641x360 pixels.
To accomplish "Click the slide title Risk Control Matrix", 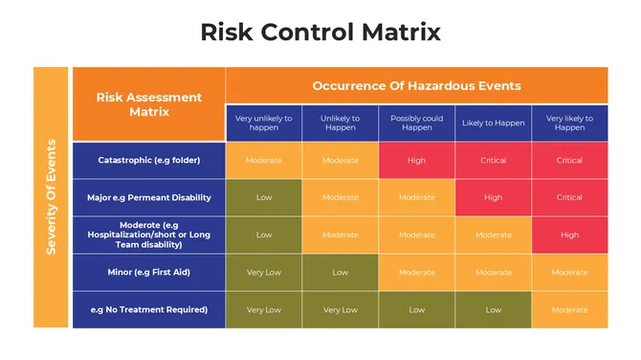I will pos(320,32).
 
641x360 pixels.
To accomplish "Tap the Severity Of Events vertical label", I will pos(52,197).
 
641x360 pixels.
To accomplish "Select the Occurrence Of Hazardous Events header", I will pos(416,85).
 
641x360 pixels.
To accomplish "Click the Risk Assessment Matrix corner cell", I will pos(149,103).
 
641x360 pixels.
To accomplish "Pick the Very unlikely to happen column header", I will pos(263,123).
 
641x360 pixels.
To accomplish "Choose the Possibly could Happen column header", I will pos(416,123).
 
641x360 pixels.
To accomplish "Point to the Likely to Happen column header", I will pos(493,123).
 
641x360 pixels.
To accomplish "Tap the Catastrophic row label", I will pos(149,160).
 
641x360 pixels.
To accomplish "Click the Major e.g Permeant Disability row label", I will pos(149,197).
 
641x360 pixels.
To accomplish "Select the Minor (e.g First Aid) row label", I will pos(149,272).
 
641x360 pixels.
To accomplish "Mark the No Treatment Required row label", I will pos(149,309).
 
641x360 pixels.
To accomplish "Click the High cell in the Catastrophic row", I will pos(416,160).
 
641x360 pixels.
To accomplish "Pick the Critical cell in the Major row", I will pos(569,197).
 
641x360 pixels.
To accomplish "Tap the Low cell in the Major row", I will pos(263,197).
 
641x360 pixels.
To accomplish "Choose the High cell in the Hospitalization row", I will pos(569,235).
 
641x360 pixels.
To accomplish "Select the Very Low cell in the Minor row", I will pos(263,272).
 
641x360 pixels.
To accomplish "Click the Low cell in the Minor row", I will pos(340,272).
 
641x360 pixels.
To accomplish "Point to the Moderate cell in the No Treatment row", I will pos(569,309).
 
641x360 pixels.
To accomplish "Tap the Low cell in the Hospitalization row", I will pos(263,235).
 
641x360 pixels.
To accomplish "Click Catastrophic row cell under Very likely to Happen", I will pos(569,160).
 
